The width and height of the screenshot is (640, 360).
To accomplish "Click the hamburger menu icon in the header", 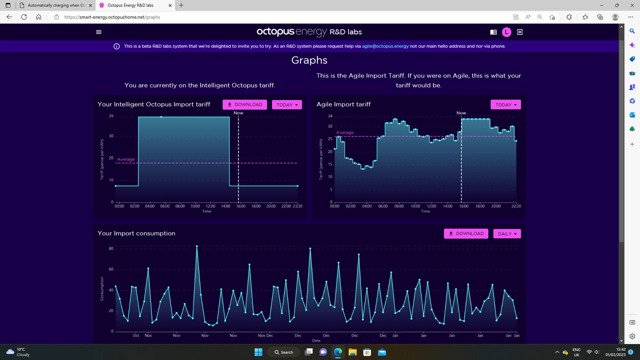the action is [x=98, y=32].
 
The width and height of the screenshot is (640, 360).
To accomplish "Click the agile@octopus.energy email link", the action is [x=385, y=46].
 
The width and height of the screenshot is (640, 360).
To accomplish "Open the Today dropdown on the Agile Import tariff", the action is [x=505, y=104].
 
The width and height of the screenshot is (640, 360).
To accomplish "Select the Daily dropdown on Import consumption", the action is [x=507, y=233].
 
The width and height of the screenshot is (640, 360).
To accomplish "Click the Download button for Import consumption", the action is [x=466, y=233].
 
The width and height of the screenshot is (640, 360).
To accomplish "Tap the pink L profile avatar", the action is [x=506, y=32].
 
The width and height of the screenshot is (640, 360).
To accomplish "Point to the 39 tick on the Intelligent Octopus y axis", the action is [x=111, y=116].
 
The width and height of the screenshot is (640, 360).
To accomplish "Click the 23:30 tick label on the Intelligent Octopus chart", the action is [x=297, y=206].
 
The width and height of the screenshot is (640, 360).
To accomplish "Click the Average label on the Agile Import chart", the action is [x=345, y=132].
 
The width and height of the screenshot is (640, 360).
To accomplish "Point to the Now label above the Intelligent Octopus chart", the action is [x=238, y=113].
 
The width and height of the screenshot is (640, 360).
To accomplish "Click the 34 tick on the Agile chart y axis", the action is [x=330, y=116].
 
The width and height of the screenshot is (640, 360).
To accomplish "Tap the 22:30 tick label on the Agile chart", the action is [x=516, y=206].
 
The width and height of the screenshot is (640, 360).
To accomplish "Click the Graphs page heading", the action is [x=309, y=60].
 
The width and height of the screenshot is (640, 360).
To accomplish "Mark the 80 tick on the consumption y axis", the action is [x=111, y=248].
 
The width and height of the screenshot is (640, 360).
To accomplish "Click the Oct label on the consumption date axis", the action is [x=135, y=335].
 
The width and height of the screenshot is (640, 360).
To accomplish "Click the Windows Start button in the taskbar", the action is [x=258, y=352].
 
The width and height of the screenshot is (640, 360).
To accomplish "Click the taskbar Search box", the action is [x=283, y=352].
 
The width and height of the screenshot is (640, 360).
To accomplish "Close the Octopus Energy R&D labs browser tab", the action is [x=170, y=5].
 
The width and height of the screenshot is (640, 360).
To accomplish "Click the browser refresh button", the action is [x=24, y=17].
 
